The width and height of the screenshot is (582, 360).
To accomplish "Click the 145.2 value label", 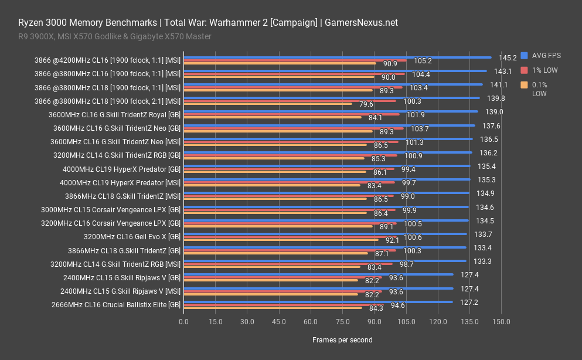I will (507, 57).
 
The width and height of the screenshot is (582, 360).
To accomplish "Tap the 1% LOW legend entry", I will (544, 70).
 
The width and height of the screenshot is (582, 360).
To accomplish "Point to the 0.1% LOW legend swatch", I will (524, 85).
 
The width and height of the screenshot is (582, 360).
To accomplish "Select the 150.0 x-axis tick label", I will (501, 322).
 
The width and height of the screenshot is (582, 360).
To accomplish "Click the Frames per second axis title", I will (342, 339).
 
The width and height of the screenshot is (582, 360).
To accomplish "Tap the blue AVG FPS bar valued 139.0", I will (331, 111).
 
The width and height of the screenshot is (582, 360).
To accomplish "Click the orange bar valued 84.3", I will (273, 308).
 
